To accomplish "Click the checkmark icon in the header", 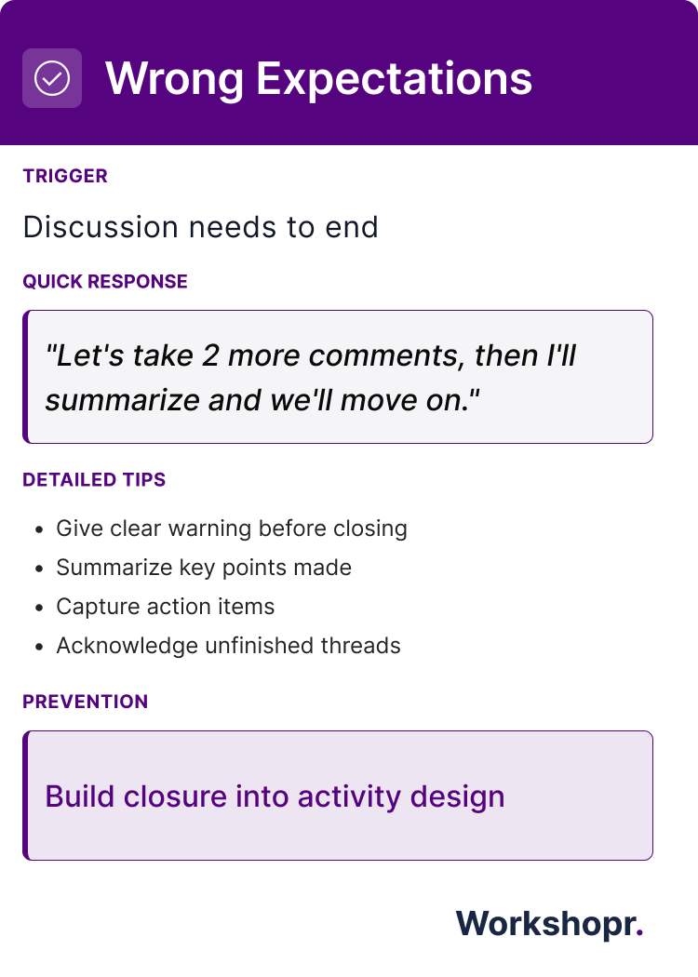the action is tap(52, 78).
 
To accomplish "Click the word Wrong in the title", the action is tap(174, 79).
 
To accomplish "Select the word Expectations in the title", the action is tap(395, 79).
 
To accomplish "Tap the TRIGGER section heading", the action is tap(65, 176).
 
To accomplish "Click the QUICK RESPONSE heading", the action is tap(104, 282).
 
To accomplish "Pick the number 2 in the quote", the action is tap(210, 355).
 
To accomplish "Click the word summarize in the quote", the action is tap(122, 401).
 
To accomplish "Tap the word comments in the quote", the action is tap(386, 355).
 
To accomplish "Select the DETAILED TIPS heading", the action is tap(94, 480).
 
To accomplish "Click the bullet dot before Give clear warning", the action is tap(40, 529).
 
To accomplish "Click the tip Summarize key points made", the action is tap(204, 568).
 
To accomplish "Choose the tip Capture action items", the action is tap(165, 607).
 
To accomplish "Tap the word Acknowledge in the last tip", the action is tap(128, 646).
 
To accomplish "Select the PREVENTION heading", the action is tap(86, 702).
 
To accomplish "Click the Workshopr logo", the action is tap(550, 923).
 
